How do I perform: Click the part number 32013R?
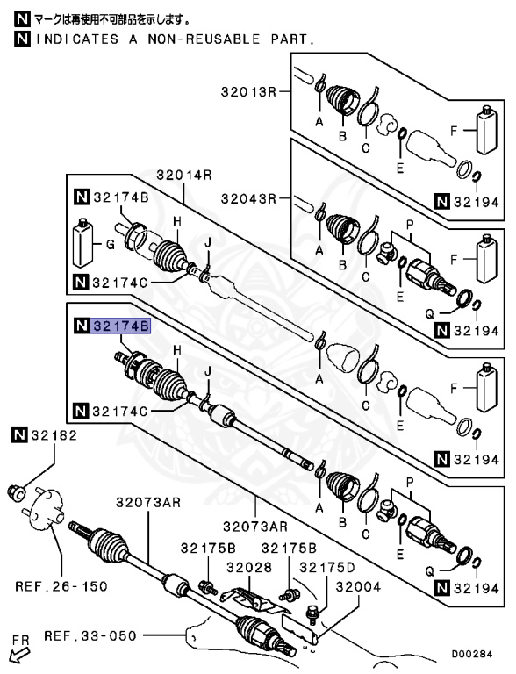[248, 92]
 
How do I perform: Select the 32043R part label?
[248, 198]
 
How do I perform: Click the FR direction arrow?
[15, 653]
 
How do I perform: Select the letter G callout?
[109, 248]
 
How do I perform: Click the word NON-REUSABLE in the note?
[211, 39]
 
